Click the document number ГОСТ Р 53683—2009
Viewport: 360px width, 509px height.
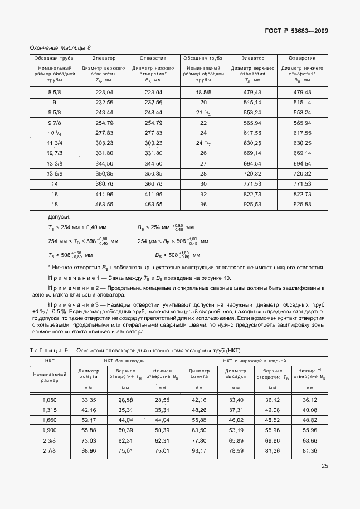(x=296, y=30)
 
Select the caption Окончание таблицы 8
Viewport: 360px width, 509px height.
(x=60, y=48)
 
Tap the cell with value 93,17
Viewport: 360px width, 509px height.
(x=199, y=451)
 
